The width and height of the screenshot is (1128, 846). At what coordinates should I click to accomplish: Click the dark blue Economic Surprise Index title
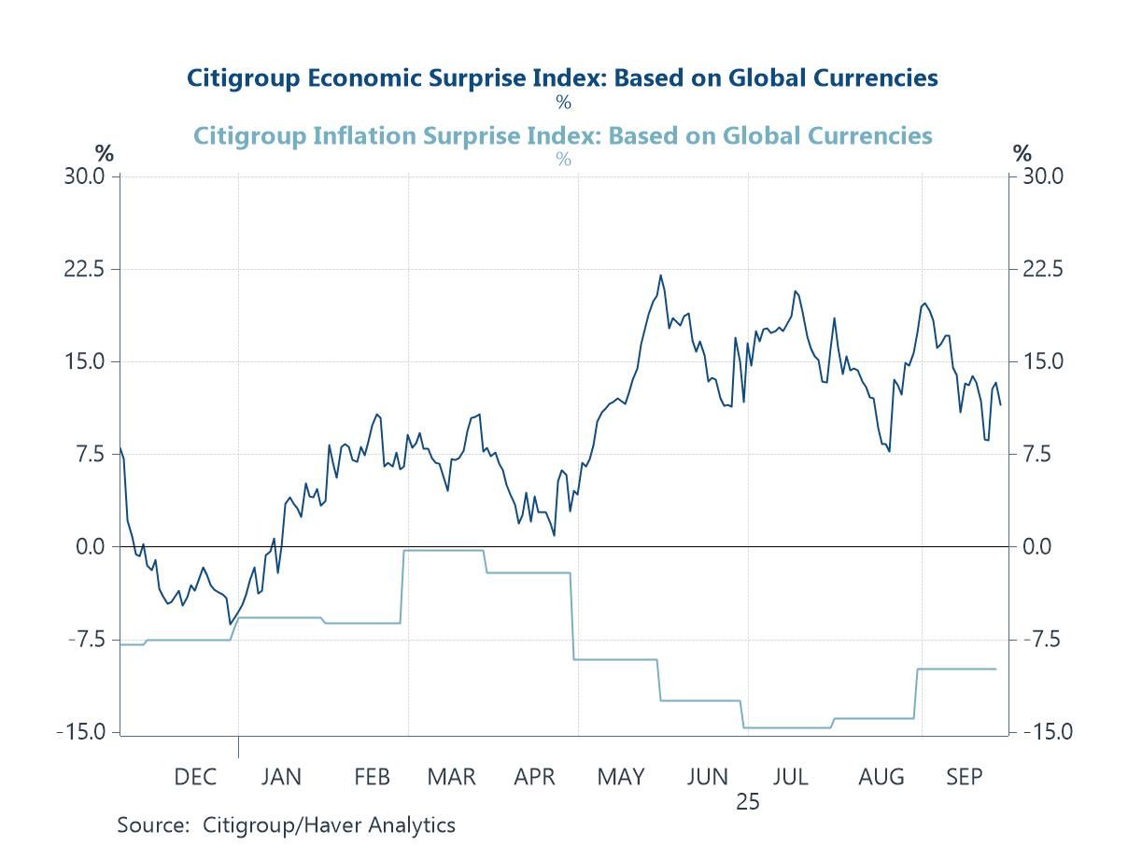click(562, 78)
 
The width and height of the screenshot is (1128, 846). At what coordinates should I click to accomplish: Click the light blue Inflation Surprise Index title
click(562, 135)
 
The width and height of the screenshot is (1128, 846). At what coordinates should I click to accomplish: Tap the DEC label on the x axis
click(194, 777)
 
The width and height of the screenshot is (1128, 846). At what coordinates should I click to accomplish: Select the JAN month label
click(280, 777)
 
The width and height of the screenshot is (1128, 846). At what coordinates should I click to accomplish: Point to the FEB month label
click(372, 777)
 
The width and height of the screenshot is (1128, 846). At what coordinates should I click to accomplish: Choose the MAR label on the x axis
click(451, 777)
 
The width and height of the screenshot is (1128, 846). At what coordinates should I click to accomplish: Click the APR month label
click(535, 777)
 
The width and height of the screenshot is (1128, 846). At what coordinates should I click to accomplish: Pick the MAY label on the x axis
click(621, 777)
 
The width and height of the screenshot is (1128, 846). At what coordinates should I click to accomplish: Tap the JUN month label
click(707, 777)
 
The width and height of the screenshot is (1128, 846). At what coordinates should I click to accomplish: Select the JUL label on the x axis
click(790, 777)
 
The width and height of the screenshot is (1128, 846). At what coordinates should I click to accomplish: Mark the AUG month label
click(881, 777)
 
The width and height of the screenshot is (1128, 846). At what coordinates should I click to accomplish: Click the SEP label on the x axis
click(965, 777)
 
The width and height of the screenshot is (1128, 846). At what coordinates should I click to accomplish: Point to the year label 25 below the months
click(747, 801)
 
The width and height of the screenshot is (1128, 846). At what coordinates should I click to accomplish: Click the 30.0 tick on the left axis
click(85, 176)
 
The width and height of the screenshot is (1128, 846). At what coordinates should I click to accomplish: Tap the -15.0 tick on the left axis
click(81, 732)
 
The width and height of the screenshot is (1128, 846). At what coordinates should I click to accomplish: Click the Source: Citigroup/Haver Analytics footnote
click(286, 825)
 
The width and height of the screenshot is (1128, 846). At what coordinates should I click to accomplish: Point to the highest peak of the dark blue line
click(661, 275)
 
